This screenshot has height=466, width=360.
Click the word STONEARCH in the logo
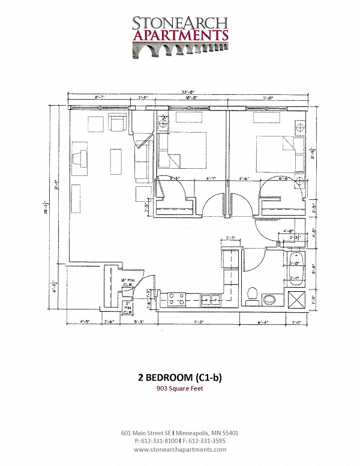coord(180,23)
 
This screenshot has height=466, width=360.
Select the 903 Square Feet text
coord(180,389)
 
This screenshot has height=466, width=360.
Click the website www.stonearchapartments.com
coord(180,449)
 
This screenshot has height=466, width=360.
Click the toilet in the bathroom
coord(253,295)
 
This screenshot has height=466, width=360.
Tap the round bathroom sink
coord(269,298)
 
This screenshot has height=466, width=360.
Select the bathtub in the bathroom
coord(295,269)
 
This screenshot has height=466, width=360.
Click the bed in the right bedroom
coord(280,154)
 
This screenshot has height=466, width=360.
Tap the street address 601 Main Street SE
coord(146,432)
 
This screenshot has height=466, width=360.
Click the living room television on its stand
coord(79,159)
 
